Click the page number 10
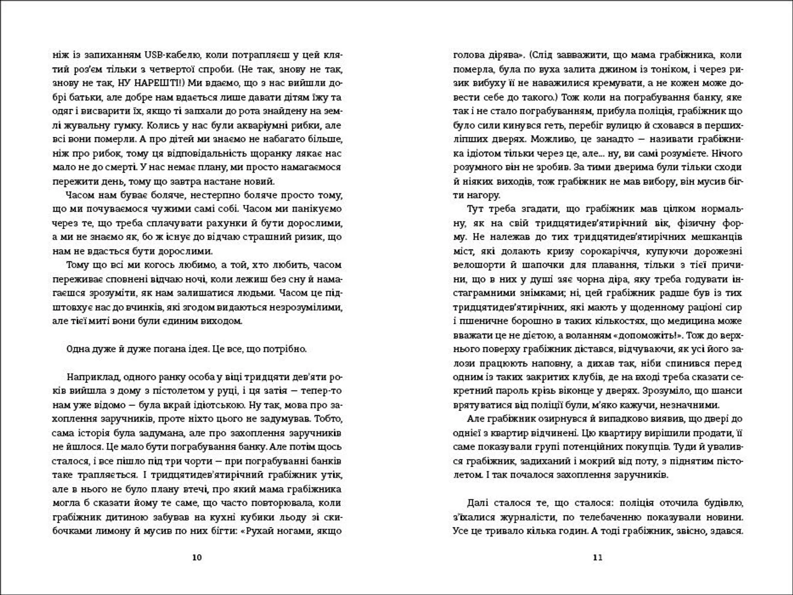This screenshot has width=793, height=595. (197, 557)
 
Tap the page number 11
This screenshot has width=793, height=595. (598, 557)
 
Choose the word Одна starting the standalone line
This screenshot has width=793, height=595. (79, 349)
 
